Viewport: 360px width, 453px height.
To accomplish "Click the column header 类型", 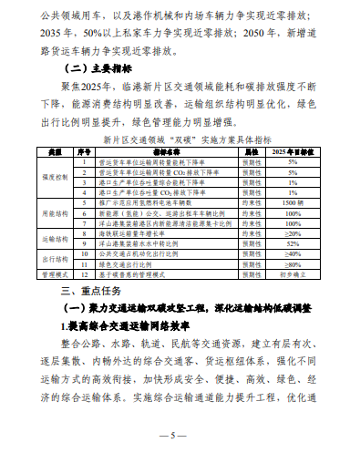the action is (55, 152).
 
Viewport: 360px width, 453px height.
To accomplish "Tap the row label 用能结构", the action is (55, 216).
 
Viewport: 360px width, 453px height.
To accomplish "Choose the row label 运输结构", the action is (55, 240).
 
